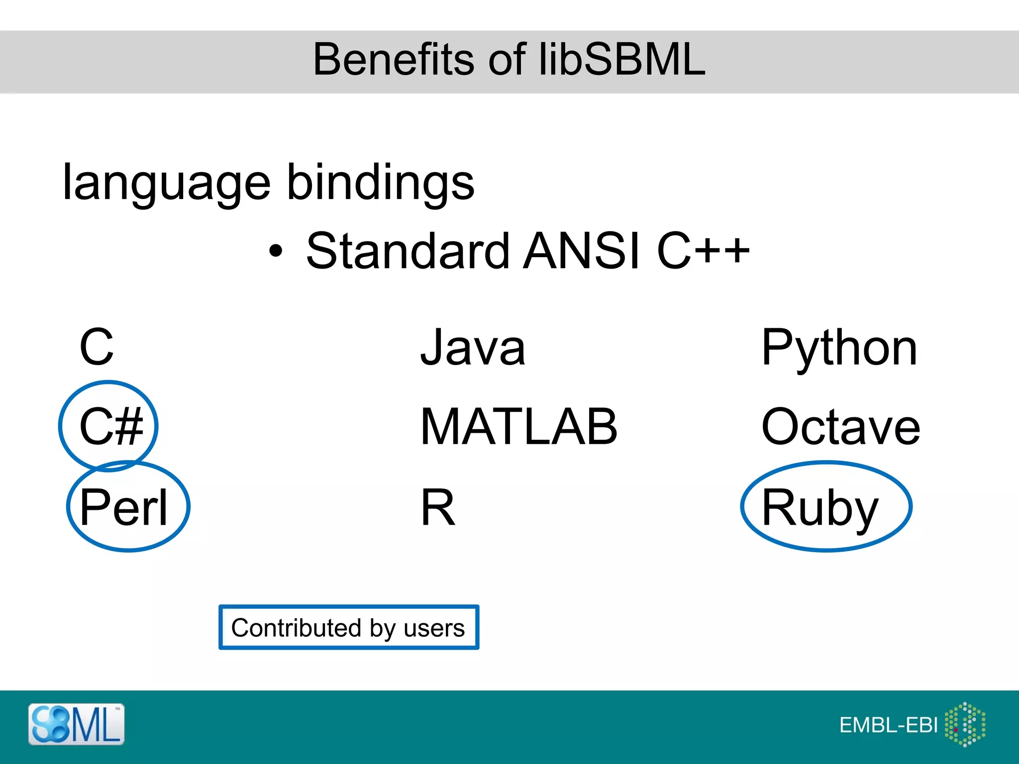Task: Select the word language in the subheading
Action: [x=167, y=183]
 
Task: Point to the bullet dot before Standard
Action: [x=275, y=251]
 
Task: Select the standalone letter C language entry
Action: [x=97, y=347]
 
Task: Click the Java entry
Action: [x=473, y=347]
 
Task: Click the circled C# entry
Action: [x=110, y=426]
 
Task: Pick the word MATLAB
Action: [x=519, y=426]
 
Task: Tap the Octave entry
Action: [x=840, y=426]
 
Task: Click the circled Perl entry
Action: [x=124, y=507]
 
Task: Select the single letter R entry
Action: [x=438, y=507]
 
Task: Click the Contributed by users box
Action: [x=348, y=628]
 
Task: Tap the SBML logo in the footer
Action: [x=76, y=724]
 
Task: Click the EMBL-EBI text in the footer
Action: [x=888, y=725]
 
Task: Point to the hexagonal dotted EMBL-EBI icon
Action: [x=965, y=724]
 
